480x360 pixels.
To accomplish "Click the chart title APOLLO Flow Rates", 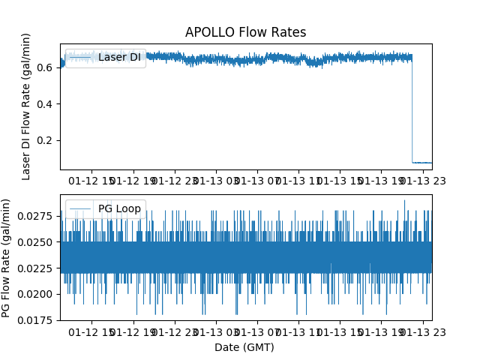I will pyautogui.click(x=245, y=32).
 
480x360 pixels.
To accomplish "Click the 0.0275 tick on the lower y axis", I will pyautogui.click(x=37, y=216).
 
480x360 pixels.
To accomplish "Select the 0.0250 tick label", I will pyautogui.click(x=37, y=242).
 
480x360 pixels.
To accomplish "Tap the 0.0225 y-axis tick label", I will pyautogui.click(x=37, y=268).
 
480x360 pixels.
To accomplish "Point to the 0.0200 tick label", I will pyautogui.click(x=37, y=294).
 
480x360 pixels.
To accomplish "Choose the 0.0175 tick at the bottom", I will pyautogui.click(x=37, y=320).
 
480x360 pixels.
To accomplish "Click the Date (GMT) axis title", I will pyautogui.click(x=244, y=347).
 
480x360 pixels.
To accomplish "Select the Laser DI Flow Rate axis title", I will pyautogui.click(x=26, y=106).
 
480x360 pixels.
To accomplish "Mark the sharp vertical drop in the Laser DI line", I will pyautogui.click(x=412, y=112).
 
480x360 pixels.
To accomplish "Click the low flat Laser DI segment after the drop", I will pyautogui.click(x=421, y=162).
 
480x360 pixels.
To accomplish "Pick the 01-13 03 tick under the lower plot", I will pyautogui.click(x=217, y=331).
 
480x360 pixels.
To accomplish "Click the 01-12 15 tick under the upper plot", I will pyautogui.click(x=93, y=181).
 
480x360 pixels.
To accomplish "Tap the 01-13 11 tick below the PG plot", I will pyautogui.click(x=298, y=331).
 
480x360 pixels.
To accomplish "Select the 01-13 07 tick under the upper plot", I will pyautogui.click(x=257, y=181).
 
